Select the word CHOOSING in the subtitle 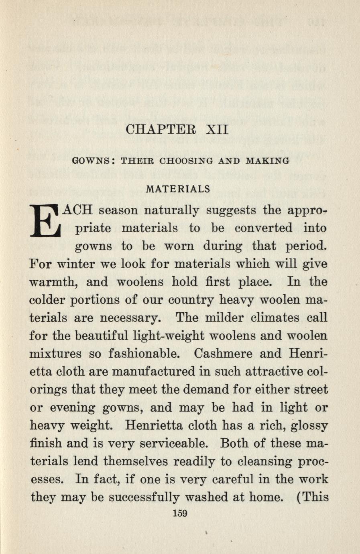[x=187, y=161]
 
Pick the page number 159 [x=179, y=513]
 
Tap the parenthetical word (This [x=312, y=497]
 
